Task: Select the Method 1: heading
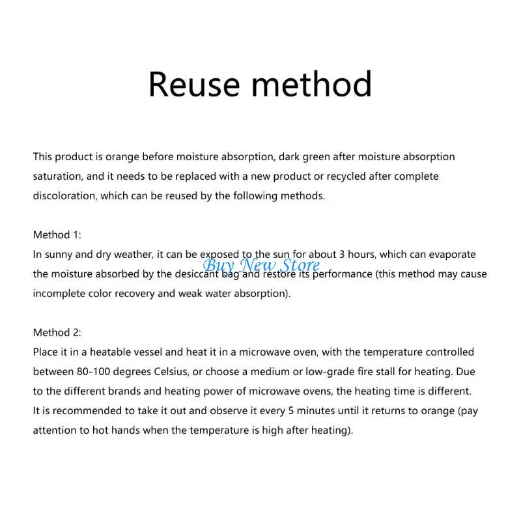pos(57,234)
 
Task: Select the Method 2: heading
pos(57,332)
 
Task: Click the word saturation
pos(56,176)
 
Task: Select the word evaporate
pos(453,254)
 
